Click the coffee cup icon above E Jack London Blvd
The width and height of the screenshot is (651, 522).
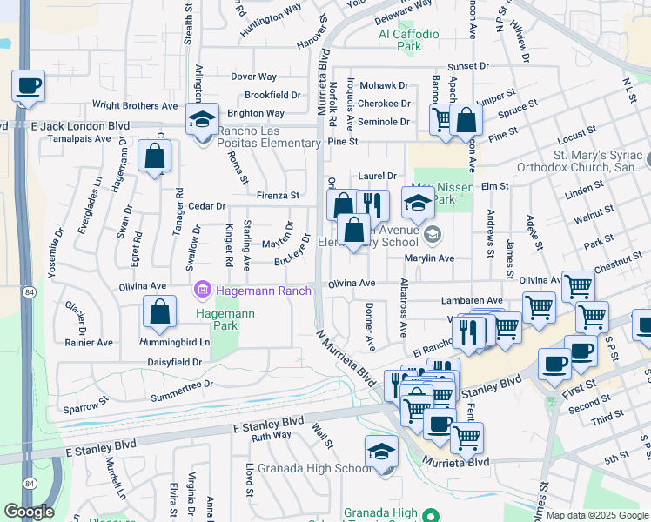pos(28,86)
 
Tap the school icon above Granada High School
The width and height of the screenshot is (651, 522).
pos(381,452)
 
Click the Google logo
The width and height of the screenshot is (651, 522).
pos(29,512)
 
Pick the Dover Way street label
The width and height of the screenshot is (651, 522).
pos(253,77)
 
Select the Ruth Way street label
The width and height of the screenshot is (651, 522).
pos(271,435)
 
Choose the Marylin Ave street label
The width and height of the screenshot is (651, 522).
pos(429,258)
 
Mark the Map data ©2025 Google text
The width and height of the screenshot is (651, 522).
pos(596,515)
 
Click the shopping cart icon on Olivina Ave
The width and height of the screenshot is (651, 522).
pos(578,285)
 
